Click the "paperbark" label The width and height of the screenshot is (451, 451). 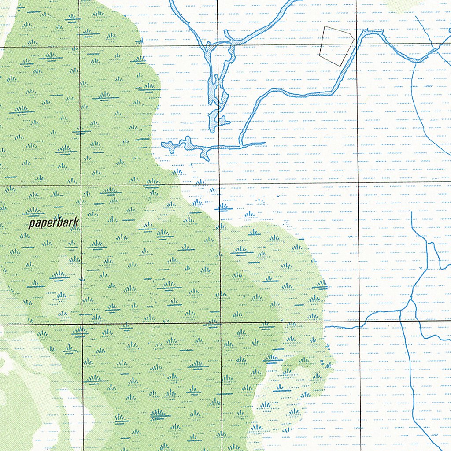click(x=53, y=223)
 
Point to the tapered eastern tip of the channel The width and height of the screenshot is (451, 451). click(x=263, y=143)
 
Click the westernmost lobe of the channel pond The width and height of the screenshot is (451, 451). click(x=165, y=144)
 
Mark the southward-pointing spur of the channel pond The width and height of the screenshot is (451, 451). click(x=205, y=158)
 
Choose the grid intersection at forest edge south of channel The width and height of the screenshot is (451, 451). click(x=220, y=184)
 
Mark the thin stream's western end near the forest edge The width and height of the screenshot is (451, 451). click(x=326, y=327)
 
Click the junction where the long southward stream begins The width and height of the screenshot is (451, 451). click(x=400, y=311)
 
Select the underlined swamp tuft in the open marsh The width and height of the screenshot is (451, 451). click(x=223, y=207)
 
